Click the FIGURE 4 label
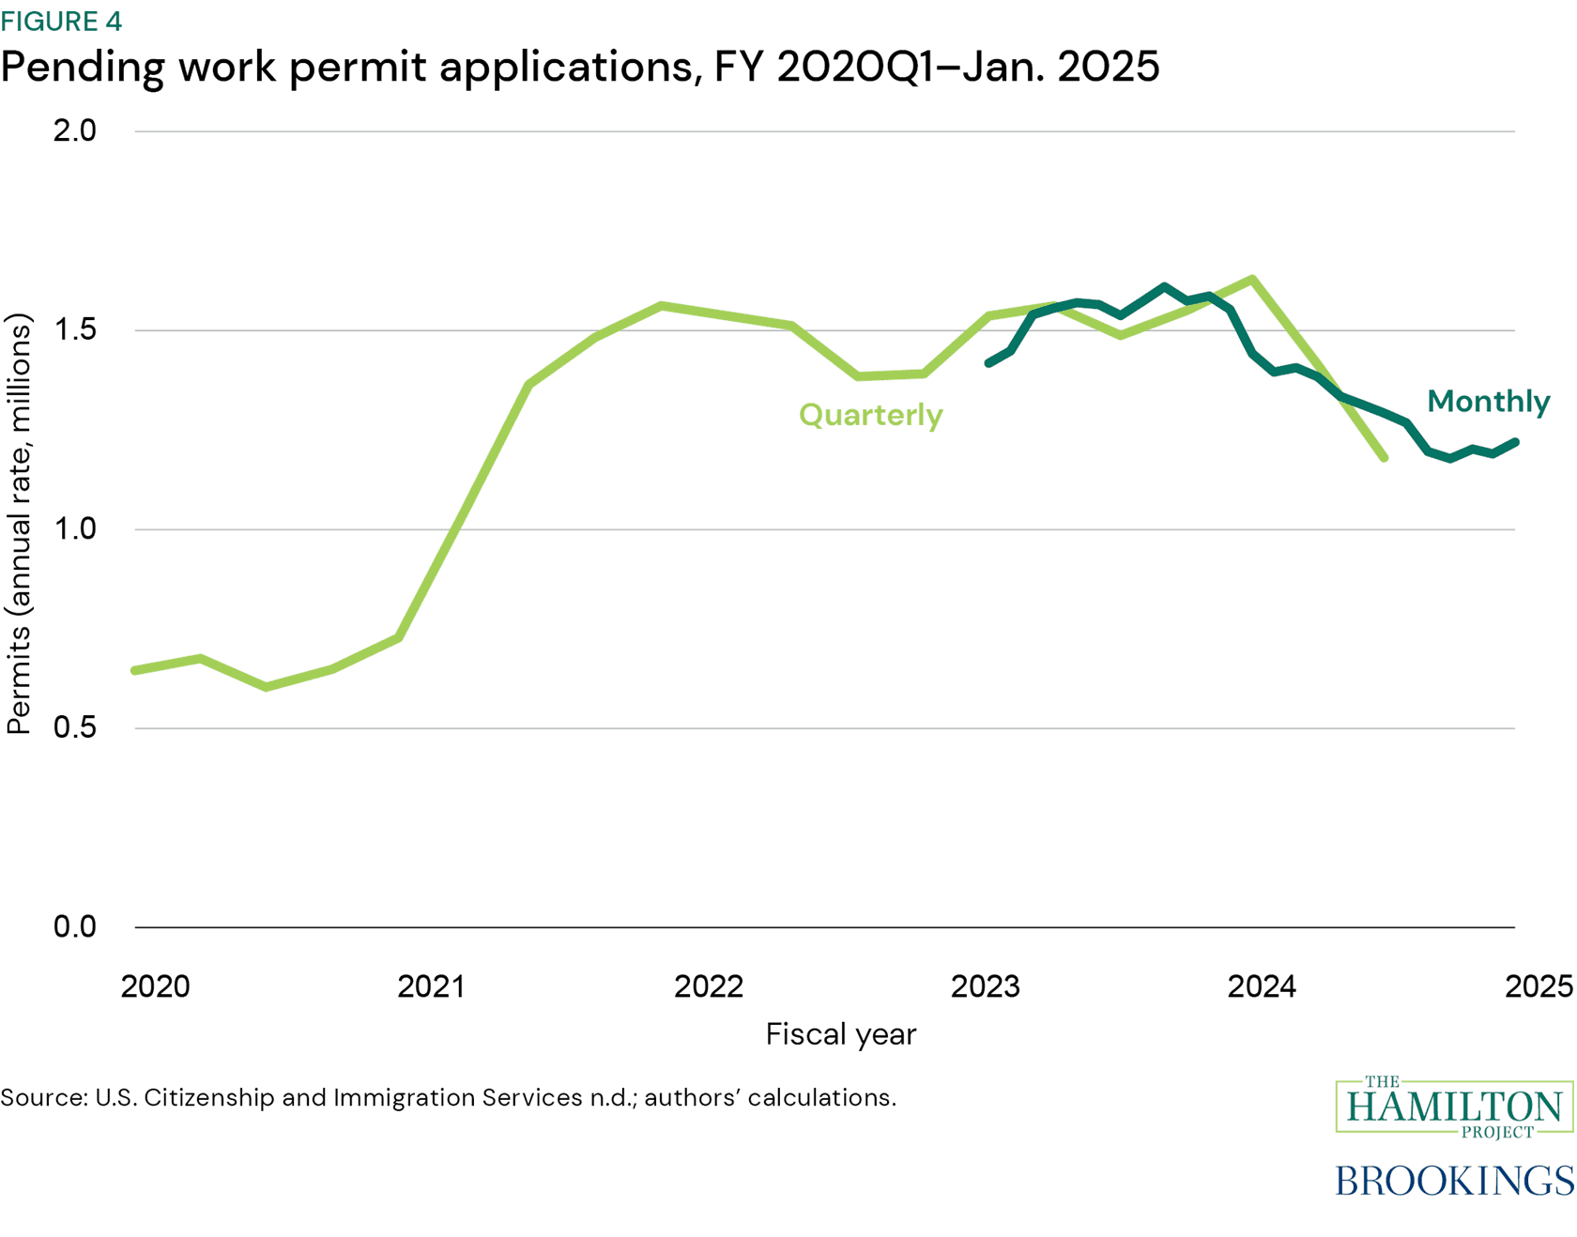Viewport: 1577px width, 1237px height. tap(61, 21)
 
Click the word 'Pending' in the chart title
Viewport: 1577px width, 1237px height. tap(83, 68)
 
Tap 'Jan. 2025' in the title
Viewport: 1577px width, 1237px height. tap(1060, 67)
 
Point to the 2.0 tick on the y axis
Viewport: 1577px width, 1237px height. tap(75, 130)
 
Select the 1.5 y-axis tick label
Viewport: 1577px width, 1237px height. tap(75, 329)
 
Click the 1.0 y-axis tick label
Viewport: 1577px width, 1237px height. tap(75, 528)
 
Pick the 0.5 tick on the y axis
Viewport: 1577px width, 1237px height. tap(75, 727)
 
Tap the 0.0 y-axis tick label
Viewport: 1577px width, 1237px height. tap(75, 927)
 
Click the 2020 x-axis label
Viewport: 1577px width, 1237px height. tap(156, 986)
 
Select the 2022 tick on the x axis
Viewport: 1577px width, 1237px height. tap(709, 986)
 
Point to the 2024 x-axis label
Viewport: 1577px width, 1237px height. tap(1262, 986)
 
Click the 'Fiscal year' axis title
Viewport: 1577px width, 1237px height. tap(840, 1034)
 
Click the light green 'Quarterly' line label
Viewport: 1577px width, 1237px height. tap(870, 415)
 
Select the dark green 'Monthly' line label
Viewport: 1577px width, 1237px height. tap(1488, 402)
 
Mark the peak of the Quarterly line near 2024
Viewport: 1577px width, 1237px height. tap(1253, 279)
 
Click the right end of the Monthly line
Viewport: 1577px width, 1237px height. tap(1515, 442)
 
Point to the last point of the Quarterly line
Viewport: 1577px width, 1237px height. tap(1384, 458)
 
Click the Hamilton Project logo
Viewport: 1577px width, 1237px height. tap(1453, 1107)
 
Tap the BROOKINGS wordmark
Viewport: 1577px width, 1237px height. tap(1453, 1181)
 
